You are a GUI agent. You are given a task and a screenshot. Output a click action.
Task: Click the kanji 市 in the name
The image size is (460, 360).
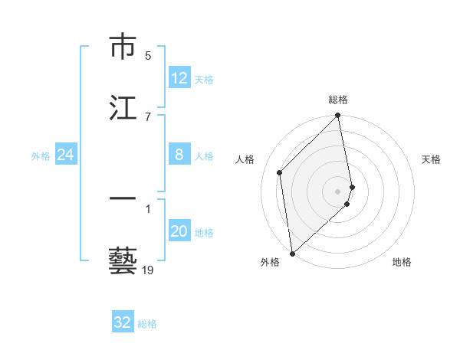pyautogui.click(x=123, y=47)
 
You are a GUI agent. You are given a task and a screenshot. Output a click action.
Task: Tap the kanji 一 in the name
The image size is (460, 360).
pyautogui.click(x=123, y=199)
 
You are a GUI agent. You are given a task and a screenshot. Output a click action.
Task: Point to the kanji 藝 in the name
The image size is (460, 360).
pyautogui.click(x=123, y=260)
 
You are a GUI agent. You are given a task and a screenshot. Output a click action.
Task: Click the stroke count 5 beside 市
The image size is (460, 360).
pyautogui.click(x=148, y=55)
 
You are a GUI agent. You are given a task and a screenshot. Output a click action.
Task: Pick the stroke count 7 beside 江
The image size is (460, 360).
pyautogui.click(x=148, y=116)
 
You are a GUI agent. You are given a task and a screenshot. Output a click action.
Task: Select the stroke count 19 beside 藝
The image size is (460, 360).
pyautogui.click(x=148, y=270)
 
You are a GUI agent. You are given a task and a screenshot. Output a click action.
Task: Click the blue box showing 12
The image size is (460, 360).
pyautogui.click(x=179, y=78)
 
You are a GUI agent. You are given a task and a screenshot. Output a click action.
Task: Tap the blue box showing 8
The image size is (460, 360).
pyautogui.click(x=179, y=155)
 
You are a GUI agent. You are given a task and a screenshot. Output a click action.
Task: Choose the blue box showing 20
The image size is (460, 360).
pyautogui.click(x=179, y=232)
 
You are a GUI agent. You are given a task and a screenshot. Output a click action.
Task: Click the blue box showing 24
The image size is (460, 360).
pyautogui.click(x=66, y=155)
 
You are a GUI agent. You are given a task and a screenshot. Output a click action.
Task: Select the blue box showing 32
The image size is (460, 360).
pyautogui.click(x=123, y=322)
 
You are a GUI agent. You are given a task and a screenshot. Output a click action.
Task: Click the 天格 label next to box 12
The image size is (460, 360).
pyautogui.click(x=204, y=79)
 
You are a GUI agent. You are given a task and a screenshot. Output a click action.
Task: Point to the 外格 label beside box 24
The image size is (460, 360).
pyautogui.click(x=41, y=156)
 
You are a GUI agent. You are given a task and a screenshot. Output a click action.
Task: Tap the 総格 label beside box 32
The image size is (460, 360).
pyautogui.click(x=147, y=324)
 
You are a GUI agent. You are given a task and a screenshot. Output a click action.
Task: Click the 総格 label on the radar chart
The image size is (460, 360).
pyautogui.click(x=338, y=100)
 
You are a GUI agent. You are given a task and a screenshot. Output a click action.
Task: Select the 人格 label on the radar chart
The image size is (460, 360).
pyautogui.click(x=245, y=159)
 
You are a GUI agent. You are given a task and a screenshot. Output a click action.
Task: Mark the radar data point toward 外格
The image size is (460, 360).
pyautogui.click(x=291, y=253)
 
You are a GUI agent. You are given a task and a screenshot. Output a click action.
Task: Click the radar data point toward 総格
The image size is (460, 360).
pyautogui.click(x=338, y=116)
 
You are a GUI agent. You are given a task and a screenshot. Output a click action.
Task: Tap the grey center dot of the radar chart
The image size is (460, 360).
pyautogui.click(x=338, y=191)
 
